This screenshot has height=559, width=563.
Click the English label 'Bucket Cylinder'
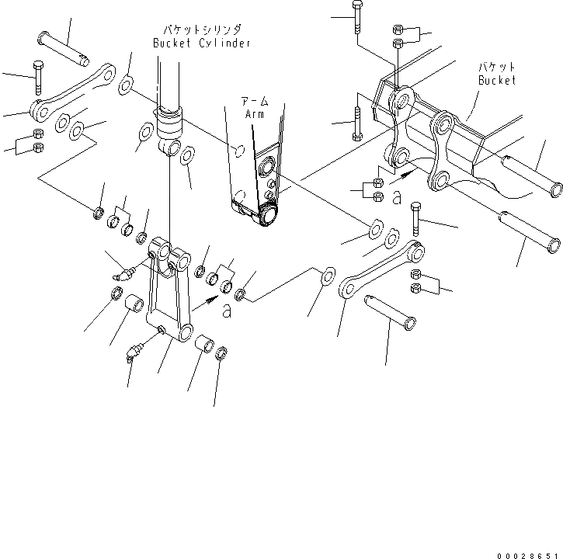tap(201, 43)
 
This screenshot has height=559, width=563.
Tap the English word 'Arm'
tap(255, 114)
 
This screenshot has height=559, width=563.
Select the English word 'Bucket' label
tap(496, 80)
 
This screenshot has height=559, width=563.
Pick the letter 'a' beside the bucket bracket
tap(397, 198)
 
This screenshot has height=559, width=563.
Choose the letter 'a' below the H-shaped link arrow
tap(227, 311)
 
